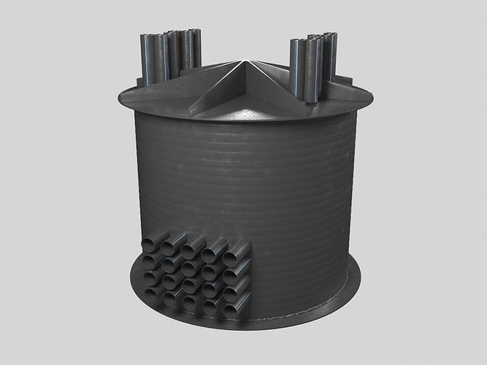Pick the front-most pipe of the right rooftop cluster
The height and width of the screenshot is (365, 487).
(x=298, y=69)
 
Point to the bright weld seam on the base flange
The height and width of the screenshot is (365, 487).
(x=307, y=315)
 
